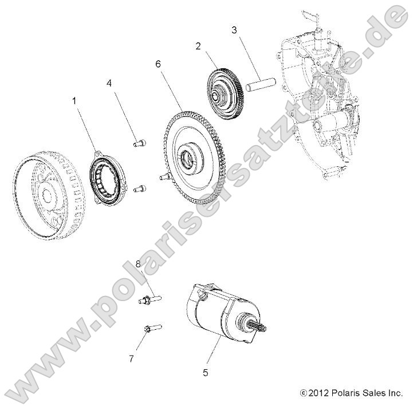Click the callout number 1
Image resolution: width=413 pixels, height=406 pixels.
[x=73, y=100]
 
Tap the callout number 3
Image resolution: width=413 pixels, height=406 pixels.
[x=234, y=29]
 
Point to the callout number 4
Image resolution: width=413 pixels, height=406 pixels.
[x=109, y=83]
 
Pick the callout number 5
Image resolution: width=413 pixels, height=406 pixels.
[x=206, y=372]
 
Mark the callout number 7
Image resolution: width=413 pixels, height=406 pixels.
[x=131, y=358]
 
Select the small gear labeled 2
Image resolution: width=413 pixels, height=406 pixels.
[x=221, y=89]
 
